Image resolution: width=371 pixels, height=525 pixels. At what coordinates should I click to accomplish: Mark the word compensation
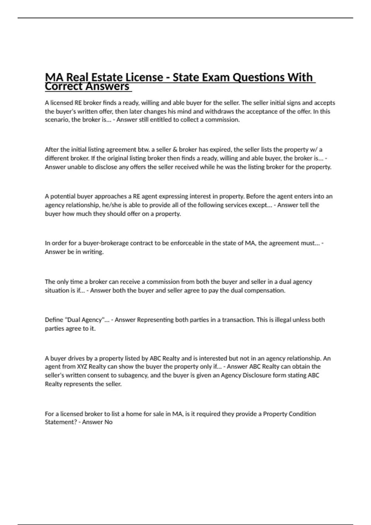coord(265,290)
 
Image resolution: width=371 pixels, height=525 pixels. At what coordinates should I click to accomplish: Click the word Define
coord(54,320)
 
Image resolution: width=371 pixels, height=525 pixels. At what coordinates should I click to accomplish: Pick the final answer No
coord(108,422)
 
